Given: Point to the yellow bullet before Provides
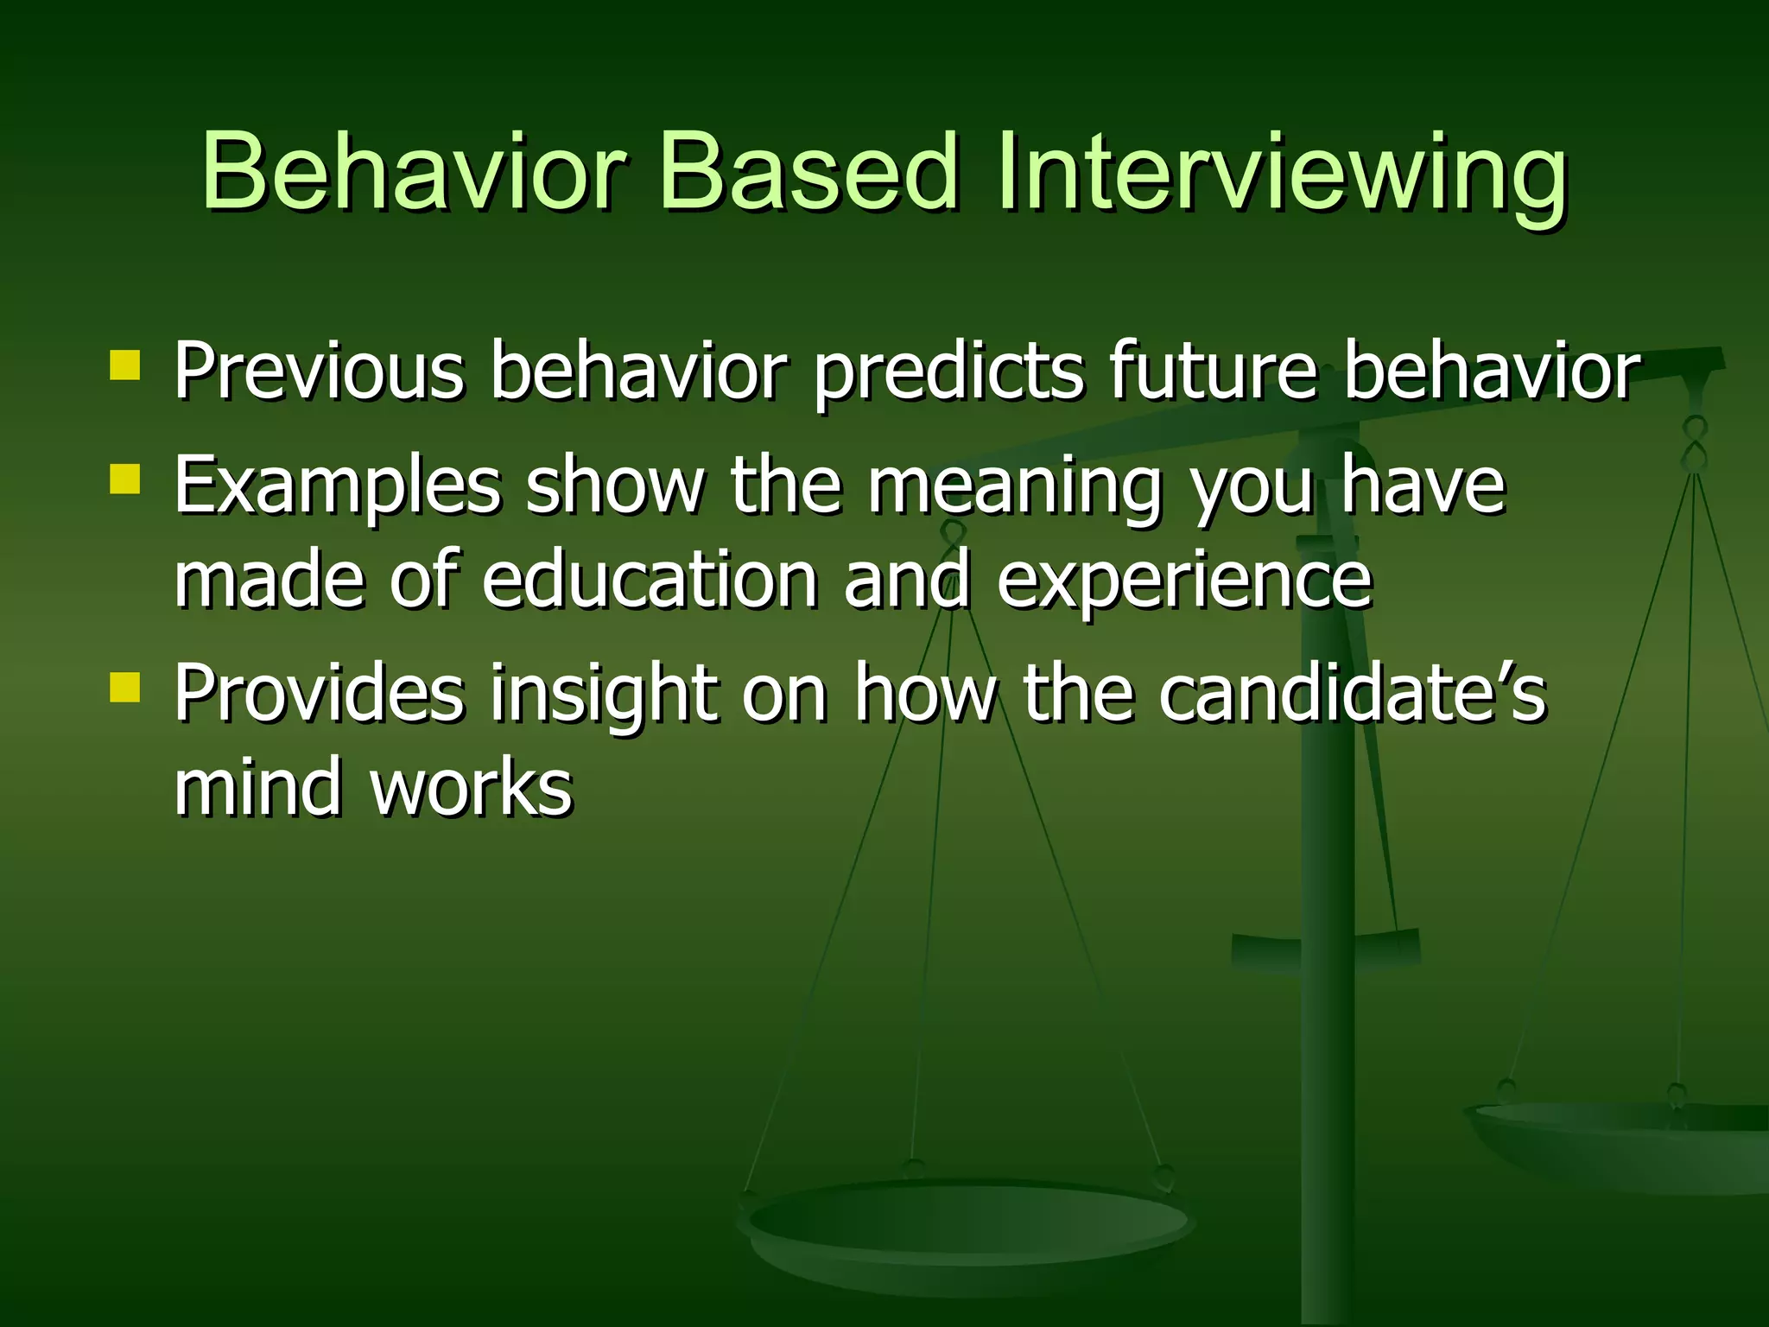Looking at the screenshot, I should [125, 688].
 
